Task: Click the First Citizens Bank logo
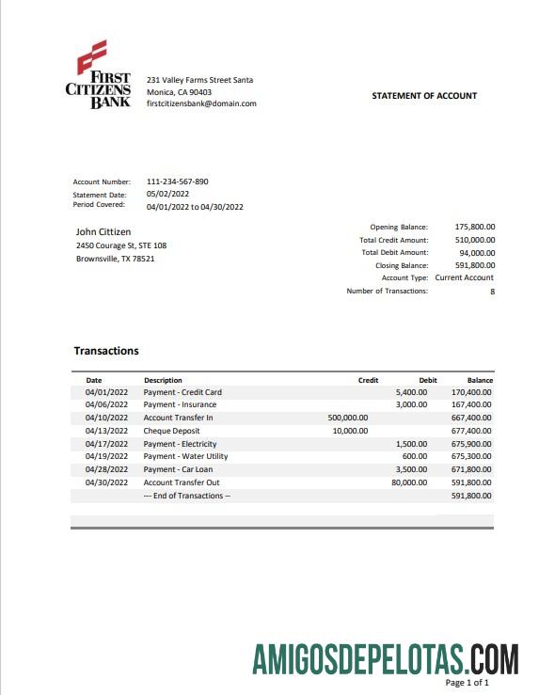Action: coord(98,76)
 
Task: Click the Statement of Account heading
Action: coord(424,96)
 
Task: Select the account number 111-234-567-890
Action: coord(178,182)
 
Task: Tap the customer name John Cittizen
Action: coord(103,231)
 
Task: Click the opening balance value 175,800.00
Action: coord(475,227)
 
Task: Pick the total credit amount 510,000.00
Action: coord(475,240)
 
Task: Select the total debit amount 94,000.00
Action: coord(477,253)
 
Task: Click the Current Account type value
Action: coord(464,278)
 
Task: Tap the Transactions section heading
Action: coord(106,351)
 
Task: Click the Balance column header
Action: coord(480,380)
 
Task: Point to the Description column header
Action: coord(163,380)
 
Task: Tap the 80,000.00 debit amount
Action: coord(408,482)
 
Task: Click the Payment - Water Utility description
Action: coord(185,456)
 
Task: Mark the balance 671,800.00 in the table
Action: coord(471,469)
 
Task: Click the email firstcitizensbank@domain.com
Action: coord(201,104)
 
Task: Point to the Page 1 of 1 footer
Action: coord(467,683)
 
